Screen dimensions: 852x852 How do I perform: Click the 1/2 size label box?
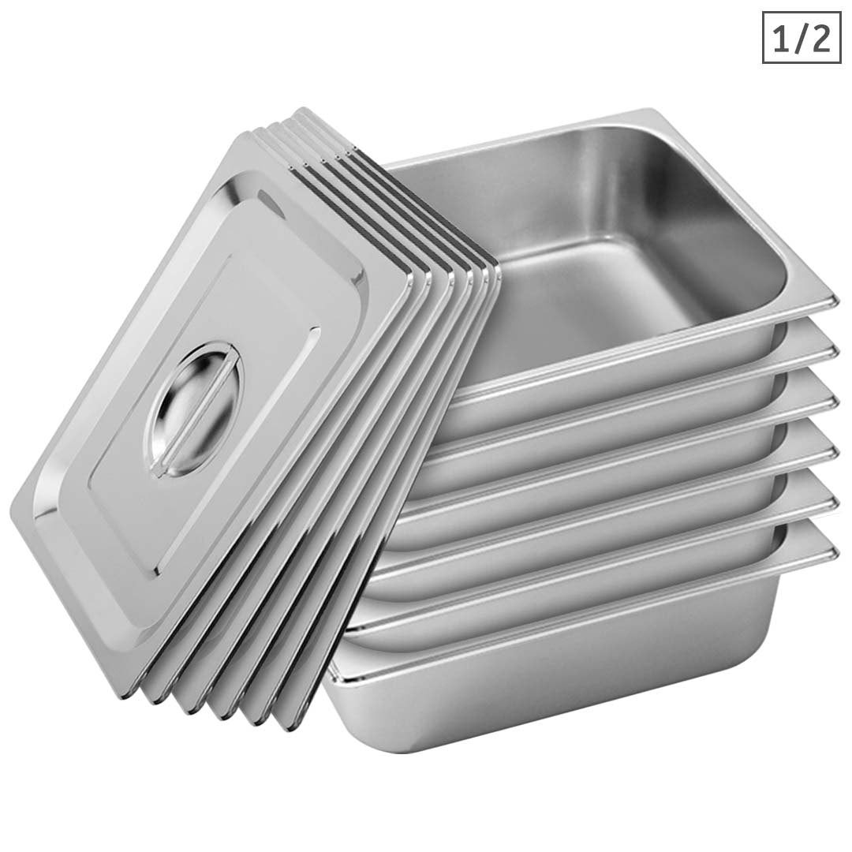pyautogui.click(x=802, y=37)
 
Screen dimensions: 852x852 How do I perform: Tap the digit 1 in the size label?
pyautogui.click(x=781, y=38)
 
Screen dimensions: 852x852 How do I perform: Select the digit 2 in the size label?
pyautogui.click(x=820, y=38)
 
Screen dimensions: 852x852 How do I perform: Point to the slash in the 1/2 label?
pyautogui.click(x=801, y=38)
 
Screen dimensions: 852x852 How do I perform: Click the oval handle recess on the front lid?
pyautogui.click(x=192, y=409)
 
